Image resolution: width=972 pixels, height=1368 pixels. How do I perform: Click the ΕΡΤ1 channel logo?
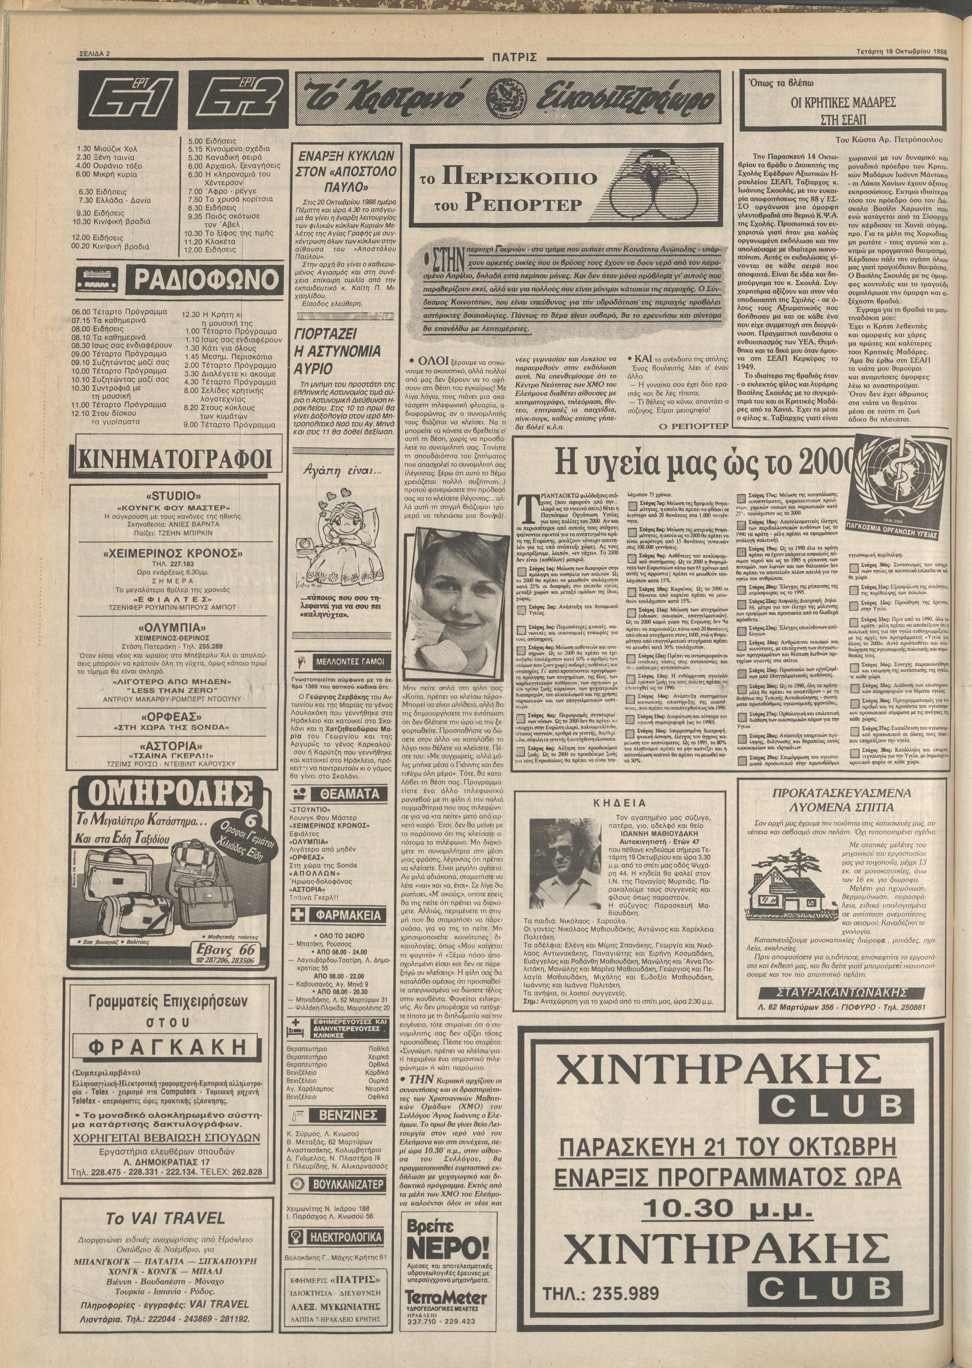pyautogui.click(x=127, y=99)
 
